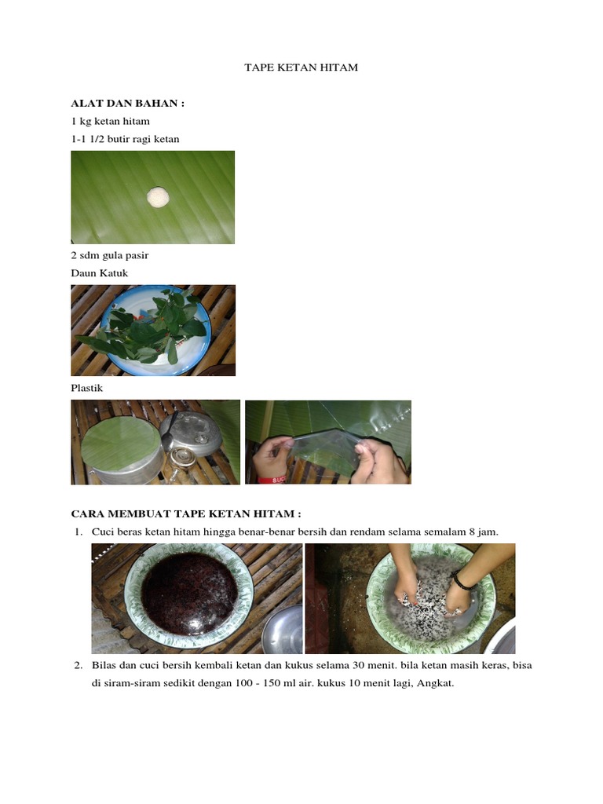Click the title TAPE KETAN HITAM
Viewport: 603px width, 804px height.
pos(301,68)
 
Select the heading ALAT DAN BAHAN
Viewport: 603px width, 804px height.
pos(128,103)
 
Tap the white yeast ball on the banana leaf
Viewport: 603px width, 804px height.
pos(157,197)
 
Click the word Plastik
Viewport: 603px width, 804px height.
pos(86,388)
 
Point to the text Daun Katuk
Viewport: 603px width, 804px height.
pos(100,272)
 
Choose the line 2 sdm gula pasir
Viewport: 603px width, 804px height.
pos(110,255)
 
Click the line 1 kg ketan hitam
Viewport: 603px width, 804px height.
pos(110,121)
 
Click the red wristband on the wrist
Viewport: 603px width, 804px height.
pos(272,480)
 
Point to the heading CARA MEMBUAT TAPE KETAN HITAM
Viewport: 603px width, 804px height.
pos(186,513)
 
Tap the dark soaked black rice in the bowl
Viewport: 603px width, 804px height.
pos(189,594)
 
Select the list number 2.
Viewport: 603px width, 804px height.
pos(78,665)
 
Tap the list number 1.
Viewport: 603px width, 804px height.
pos(78,532)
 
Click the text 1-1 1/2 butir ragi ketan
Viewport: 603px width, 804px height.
pos(125,139)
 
